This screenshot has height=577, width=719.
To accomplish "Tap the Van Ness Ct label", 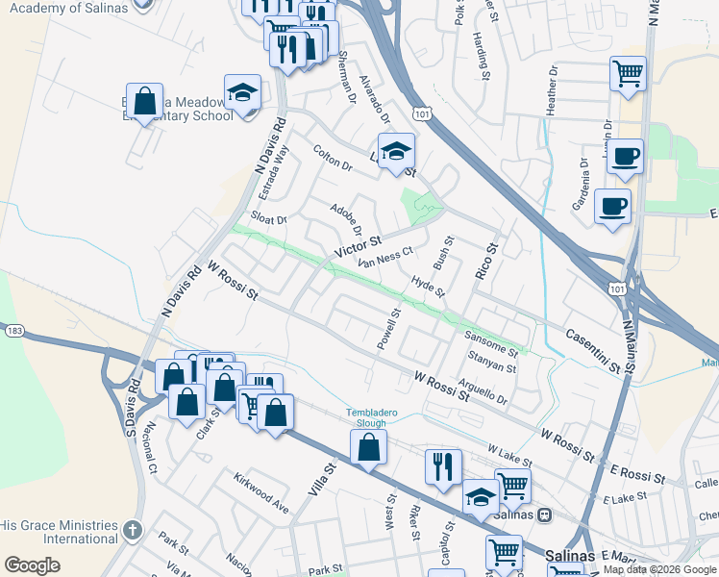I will pos(384,257).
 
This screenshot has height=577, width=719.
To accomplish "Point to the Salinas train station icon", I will pos(545,514).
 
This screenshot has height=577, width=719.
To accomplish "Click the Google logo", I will pos(33,565).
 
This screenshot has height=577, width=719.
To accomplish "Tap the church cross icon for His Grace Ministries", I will pos(133,530).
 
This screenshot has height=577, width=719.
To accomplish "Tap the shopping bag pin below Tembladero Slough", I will pos(368,447).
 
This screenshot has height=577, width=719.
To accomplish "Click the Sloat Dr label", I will pos(269,218).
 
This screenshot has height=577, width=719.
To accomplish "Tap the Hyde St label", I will pos(428,287).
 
